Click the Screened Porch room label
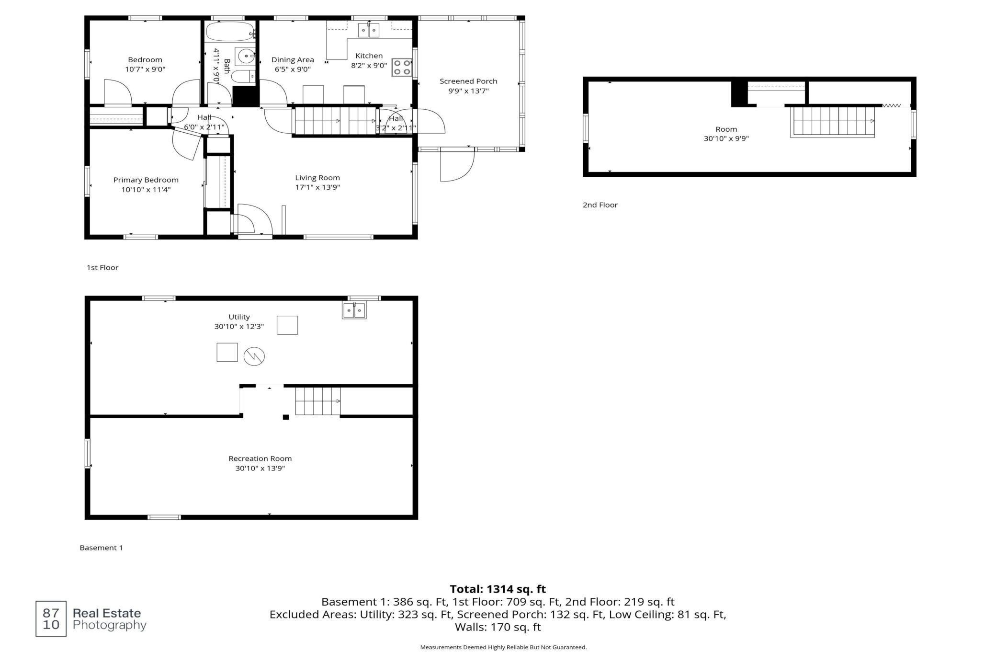click(x=468, y=81)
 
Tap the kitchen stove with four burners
click(x=402, y=68)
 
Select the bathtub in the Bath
click(x=230, y=32)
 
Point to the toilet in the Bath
click(x=245, y=77)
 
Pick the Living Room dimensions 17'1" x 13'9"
click(x=317, y=187)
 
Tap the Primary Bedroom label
click(x=146, y=180)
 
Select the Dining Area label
click(x=293, y=60)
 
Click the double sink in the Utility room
click(x=354, y=310)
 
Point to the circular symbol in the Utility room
click(x=254, y=356)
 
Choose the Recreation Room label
click(x=260, y=458)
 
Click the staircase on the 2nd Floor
click(x=832, y=122)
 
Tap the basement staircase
click(x=318, y=401)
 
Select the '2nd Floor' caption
click(x=600, y=205)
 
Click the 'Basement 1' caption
click(x=101, y=548)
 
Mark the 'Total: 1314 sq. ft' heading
click(x=498, y=589)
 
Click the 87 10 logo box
click(x=51, y=619)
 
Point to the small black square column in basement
click(x=286, y=417)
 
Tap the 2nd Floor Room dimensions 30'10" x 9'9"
click(x=726, y=139)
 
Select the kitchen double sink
click(x=369, y=30)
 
